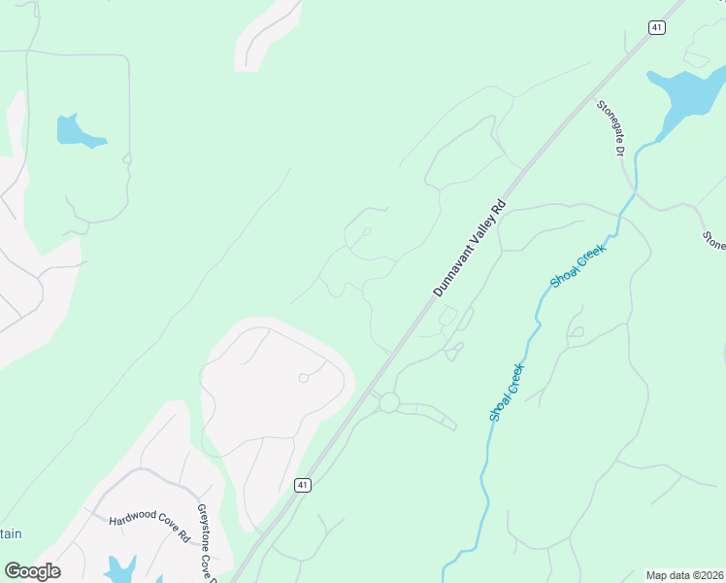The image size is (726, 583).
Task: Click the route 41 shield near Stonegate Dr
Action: click(x=657, y=28)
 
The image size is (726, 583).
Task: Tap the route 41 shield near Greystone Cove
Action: click(x=303, y=485)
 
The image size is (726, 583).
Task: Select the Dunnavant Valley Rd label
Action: click(x=470, y=249)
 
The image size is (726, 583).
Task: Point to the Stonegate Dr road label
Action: click(x=611, y=128)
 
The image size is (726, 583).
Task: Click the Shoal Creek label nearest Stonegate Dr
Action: click(x=577, y=266)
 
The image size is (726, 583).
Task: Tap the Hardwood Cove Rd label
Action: click(x=149, y=527)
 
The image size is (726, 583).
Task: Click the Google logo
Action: click(x=32, y=571)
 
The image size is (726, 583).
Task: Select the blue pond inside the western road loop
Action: click(x=76, y=132)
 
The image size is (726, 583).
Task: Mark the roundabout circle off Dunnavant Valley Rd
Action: click(x=389, y=402)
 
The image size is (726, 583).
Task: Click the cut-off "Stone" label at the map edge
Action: click(x=714, y=240)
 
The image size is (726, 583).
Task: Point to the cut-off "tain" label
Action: click(x=10, y=533)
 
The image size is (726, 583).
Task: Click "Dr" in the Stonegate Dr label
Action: click(x=620, y=146)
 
